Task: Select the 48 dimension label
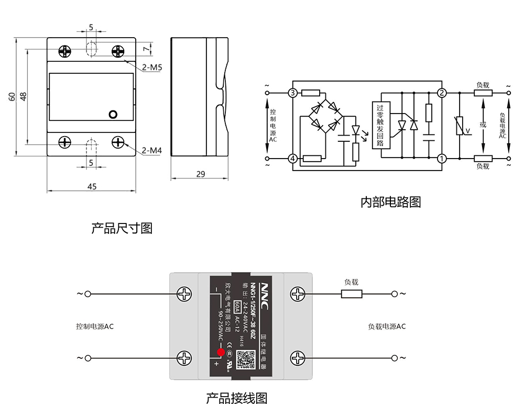[x=23, y=96]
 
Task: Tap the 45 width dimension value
[x=92, y=187]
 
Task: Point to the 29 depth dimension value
[x=201, y=174]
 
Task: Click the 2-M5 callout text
[x=152, y=68]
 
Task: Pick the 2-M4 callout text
[x=152, y=151]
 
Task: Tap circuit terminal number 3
[x=292, y=93]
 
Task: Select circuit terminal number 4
[x=292, y=158]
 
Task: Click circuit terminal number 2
[x=442, y=93]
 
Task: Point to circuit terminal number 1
[x=442, y=158]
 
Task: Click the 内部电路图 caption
[x=390, y=202]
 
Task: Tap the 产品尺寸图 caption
[x=122, y=228]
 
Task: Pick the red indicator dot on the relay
[x=221, y=352]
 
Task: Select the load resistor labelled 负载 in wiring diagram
[x=352, y=294]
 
